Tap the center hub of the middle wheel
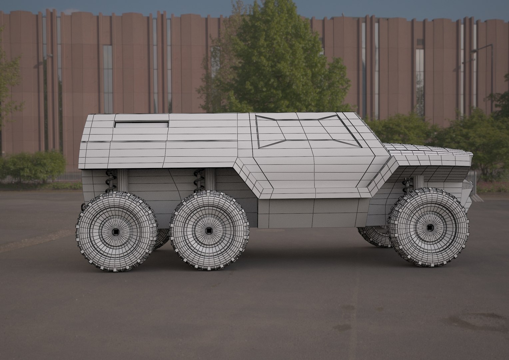(209, 230)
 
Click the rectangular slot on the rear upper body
(141, 124)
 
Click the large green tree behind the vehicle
(276, 60)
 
